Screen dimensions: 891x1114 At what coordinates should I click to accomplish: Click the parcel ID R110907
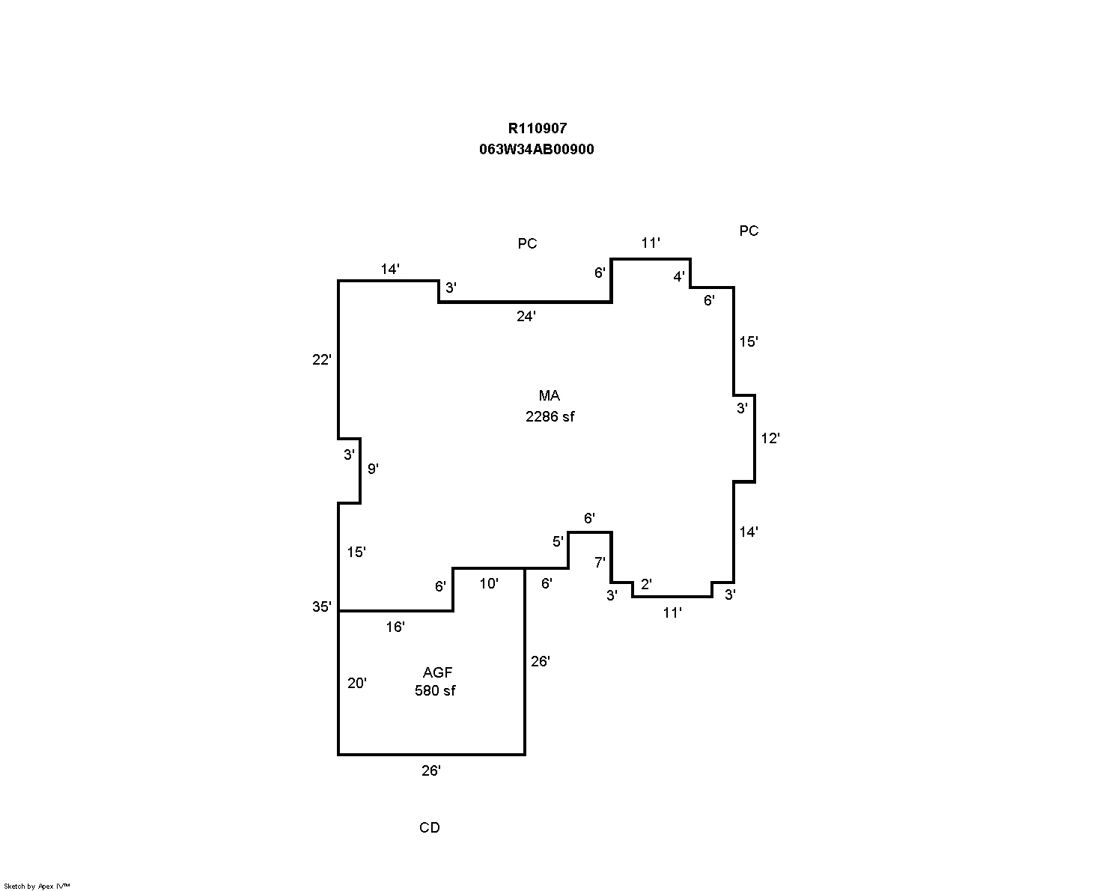537,129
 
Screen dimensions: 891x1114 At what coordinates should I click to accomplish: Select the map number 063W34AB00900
537,150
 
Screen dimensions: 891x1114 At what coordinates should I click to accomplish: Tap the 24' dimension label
526,317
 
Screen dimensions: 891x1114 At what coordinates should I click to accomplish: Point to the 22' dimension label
321,360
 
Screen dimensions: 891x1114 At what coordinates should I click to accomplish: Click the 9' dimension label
373,469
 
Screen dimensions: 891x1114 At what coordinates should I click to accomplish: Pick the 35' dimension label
321,607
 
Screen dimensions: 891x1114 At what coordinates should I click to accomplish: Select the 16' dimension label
395,627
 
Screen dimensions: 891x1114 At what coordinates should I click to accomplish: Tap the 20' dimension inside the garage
357,683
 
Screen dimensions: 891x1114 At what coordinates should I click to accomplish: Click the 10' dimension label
489,584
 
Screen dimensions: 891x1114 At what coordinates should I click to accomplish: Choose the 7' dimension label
600,563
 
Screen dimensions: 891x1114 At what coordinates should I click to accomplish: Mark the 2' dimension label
646,584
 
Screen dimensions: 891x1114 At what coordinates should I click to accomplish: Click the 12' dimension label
770,439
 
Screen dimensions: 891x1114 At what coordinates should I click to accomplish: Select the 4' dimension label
679,277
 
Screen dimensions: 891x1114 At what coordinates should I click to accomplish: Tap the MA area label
550,396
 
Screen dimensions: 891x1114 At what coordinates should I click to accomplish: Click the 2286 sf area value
550,417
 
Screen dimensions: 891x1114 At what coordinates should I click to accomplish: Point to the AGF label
437,672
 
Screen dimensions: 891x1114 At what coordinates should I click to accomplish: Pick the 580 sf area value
435,691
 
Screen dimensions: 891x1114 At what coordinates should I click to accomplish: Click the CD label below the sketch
430,828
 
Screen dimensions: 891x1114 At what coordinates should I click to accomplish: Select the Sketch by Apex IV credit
37,887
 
